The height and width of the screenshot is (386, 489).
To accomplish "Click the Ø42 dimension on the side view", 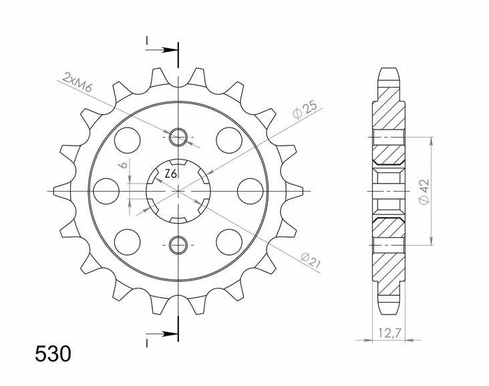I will pyautogui.click(x=425, y=190).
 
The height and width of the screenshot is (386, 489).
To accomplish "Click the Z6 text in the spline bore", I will pyautogui.click(x=171, y=174).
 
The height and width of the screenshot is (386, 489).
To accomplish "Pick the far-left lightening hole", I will pyautogui.click(x=105, y=191).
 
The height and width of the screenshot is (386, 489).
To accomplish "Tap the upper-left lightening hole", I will pyautogui.click(x=127, y=140).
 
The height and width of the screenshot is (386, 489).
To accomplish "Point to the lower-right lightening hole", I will pyautogui.click(x=228, y=241).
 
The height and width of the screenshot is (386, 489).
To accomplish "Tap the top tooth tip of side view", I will pyautogui.click(x=390, y=69).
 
